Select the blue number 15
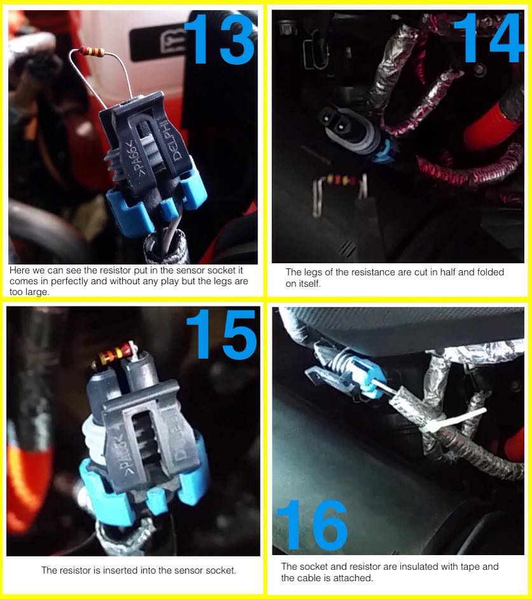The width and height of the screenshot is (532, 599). coord(221,334)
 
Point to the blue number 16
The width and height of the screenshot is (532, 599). coord(312,525)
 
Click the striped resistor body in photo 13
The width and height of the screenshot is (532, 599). coord(92,52)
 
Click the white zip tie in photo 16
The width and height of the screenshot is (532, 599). coord(453,422)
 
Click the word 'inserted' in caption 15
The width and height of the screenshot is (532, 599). coord(120,570)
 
